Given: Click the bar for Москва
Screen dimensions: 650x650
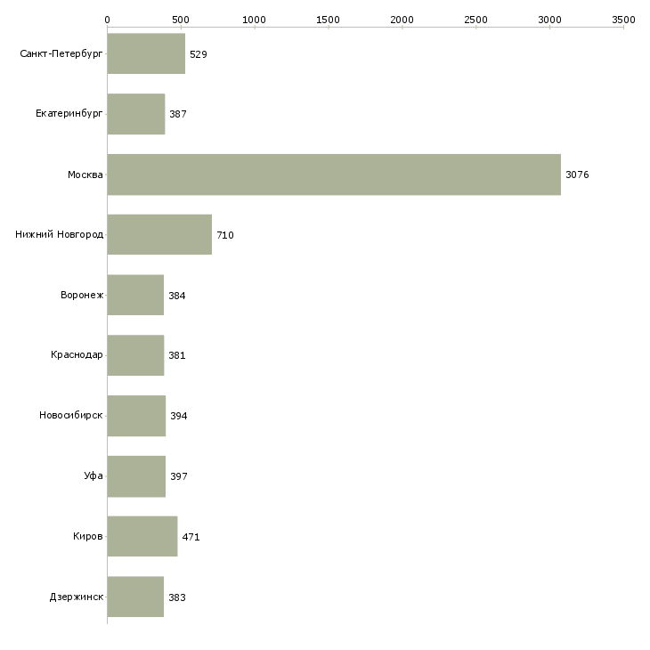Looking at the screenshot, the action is (x=334, y=175).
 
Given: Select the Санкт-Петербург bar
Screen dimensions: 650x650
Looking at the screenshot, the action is (x=146, y=53).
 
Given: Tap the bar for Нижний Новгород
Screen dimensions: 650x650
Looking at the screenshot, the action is (x=159, y=235).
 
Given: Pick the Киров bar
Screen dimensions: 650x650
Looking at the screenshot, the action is (x=142, y=536).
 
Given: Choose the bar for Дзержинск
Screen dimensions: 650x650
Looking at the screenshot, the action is (x=135, y=597).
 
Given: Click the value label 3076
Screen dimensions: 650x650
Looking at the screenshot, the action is (x=577, y=175).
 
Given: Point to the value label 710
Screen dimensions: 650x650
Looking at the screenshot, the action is (x=225, y=235).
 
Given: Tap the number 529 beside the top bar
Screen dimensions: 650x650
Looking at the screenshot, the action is (x=199, y=54).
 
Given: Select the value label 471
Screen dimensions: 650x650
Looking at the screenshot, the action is (x=191, y=537).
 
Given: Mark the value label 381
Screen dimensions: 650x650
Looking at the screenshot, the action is (x=177, y=355).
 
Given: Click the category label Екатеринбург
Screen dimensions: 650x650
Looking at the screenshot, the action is (x=69, y=114).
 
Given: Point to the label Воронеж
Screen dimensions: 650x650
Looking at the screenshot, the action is (x=82, y=295).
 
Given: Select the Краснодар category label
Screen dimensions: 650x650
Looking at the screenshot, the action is (x=77, y=355).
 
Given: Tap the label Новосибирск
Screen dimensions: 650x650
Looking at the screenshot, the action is (x=71, y=415).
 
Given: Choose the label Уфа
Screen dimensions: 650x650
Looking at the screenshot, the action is (x=93, y=475).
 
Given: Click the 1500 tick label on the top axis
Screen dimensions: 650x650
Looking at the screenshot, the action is (x=328, y=20).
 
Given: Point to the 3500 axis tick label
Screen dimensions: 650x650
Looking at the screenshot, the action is (x=623, y=20).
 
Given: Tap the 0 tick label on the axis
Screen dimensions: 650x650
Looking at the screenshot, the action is (x=108, y=20).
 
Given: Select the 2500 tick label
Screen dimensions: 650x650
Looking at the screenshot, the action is (x=475, y=20).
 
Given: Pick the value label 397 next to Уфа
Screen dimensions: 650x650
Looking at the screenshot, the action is (x=179, y=476).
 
